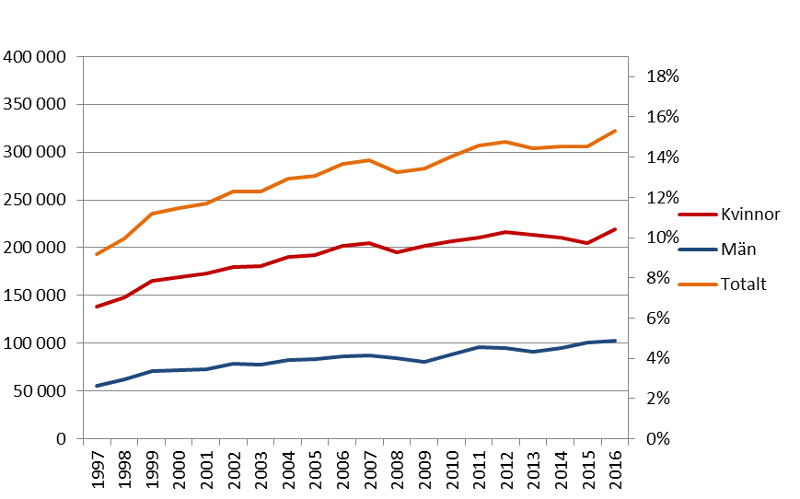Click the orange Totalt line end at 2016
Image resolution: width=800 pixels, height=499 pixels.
[615, 131]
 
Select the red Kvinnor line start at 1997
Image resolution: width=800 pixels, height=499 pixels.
[97, 307]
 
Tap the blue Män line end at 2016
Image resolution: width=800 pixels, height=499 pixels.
[615, 341]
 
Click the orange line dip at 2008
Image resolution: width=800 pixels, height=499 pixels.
[397, 172]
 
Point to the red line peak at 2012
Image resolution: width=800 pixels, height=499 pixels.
[505, 232]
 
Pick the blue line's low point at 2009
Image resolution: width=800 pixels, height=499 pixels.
[423, 362]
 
